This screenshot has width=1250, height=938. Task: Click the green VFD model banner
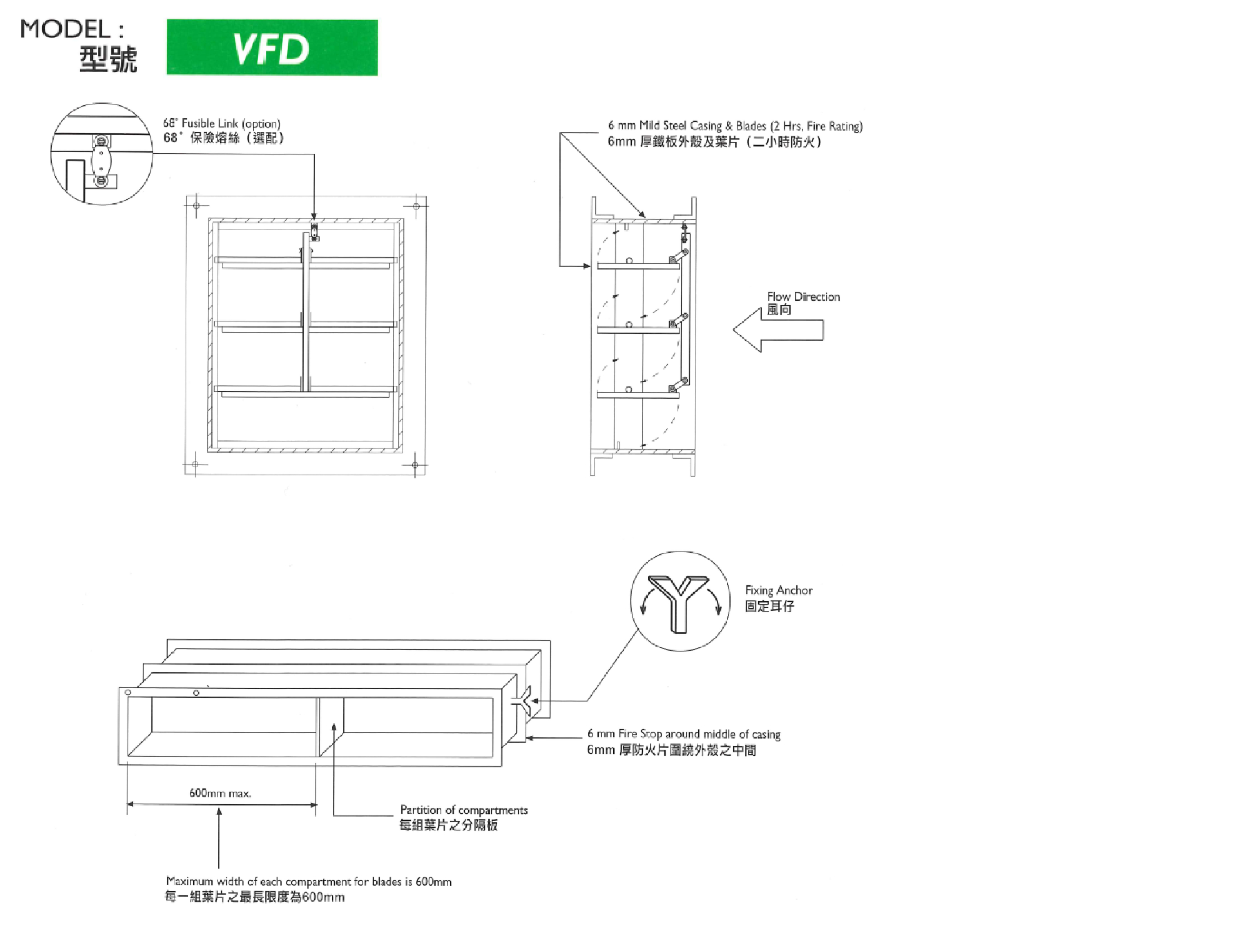point(272,48)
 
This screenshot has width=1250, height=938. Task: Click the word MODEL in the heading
point(65,29)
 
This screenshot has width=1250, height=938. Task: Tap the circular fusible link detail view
point(102,154)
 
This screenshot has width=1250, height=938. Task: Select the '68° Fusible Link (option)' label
point(222,123)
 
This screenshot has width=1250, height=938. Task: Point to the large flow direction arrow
point(778,330)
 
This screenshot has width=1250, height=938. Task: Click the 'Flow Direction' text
point(804,296)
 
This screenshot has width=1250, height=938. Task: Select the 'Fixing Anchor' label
point(779,590)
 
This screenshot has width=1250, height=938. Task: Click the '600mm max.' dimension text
point(220,793)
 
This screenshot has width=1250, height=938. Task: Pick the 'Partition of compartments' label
point(464,810)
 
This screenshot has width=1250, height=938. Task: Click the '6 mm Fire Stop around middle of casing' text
point(684,734)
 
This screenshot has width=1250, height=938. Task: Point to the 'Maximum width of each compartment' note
point(309,881)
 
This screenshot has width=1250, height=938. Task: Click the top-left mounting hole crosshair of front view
point(196,205)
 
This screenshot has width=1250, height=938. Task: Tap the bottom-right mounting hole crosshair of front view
point(415,465)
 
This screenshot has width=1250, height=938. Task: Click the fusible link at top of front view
point(314,231)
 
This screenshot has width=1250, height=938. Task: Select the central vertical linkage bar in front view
point(306,312)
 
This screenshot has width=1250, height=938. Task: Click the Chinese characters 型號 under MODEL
point(108,59)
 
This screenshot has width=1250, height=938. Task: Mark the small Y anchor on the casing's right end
point(523,700)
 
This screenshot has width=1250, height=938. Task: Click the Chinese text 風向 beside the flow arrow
point(779,310)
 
